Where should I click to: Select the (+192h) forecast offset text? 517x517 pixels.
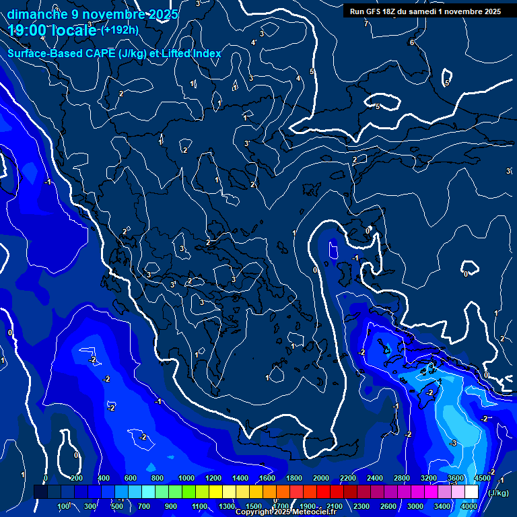[120, 30]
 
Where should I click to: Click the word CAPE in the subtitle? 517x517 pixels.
[99, 54]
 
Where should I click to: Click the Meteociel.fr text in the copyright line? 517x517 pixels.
[314, 512]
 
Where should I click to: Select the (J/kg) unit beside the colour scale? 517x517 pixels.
[497, 493]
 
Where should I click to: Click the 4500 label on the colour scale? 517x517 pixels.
[482, 478]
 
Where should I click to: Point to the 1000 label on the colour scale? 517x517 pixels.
[185, 478]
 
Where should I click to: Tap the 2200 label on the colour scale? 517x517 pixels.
[347, 478]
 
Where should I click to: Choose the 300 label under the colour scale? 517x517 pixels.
[91, 506]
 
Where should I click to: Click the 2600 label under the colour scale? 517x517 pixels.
[388, 506]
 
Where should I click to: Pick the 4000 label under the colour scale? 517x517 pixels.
[469, 506]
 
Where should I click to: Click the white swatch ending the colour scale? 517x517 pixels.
[471, 493]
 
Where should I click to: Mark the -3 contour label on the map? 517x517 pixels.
[453, 443]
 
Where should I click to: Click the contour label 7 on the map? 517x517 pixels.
[366, 24]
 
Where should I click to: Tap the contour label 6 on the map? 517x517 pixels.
[411, 42]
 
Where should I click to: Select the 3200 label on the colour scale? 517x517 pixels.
[428, 478]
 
